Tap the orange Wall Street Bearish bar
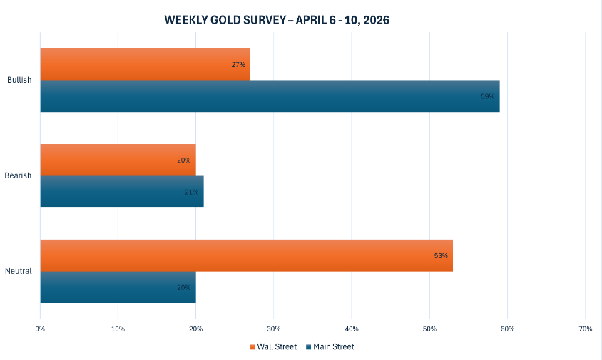(x=118, y=160)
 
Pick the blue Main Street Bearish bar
(x=121, y=192)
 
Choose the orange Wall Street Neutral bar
(x=246, y=255)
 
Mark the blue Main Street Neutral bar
(x=118, y=287)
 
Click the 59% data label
(x=488, y=96)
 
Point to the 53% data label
(x=441, y=255)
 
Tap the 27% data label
(x=238, y=65)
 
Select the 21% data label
(x=191, y=192)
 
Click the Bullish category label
(x=19, y=80)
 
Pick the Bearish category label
(x=19, y=175)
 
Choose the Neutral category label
(x=19, y=271)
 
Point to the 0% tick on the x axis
(x=40, y=329)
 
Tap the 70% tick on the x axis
(x=585, y=329)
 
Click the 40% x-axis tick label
(x=352, y=329)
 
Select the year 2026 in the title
(x=374, y=20)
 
